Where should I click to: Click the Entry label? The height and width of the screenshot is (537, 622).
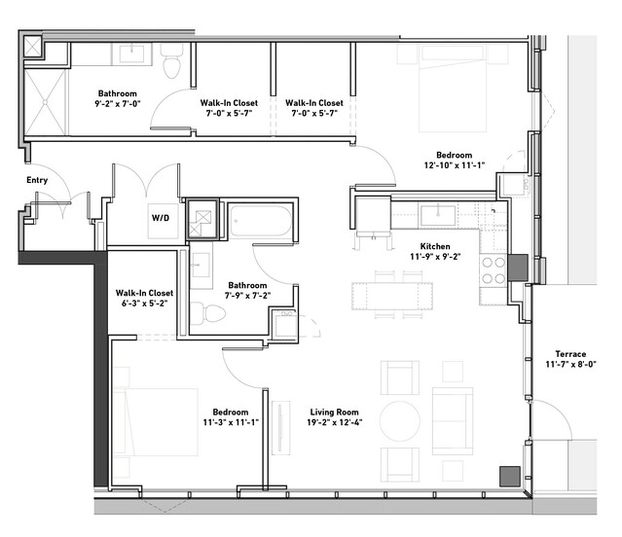pos(37,180)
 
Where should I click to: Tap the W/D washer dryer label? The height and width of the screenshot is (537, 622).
pos(161,218)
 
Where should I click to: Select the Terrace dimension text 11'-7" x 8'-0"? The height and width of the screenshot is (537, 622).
pos(570,364)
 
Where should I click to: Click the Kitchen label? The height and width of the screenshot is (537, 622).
pos(435,246)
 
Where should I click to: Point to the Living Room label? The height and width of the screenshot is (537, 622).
pos(334,412)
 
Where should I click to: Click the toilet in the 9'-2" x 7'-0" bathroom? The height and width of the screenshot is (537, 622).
pos(171,60)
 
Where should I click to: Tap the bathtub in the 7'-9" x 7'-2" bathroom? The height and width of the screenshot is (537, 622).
pos(260,221)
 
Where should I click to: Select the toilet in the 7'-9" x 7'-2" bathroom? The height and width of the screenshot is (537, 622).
pos(207,313)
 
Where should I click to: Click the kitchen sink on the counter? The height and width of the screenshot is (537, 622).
pos(438,216)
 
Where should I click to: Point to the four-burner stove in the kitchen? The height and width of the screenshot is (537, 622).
pos(494,270)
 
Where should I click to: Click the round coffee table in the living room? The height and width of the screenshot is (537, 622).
pos(399,421)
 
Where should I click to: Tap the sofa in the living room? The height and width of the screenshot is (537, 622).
pos(453,421)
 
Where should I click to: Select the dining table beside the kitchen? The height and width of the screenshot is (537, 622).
pos(392,296)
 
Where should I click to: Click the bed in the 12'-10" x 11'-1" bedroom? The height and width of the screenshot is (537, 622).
pos(453,89)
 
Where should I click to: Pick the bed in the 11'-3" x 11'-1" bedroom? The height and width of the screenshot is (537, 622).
pos(156,421)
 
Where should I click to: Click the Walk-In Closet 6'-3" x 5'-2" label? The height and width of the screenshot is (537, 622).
pos(144,298)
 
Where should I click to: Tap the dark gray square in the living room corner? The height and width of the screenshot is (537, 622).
pos(510,477)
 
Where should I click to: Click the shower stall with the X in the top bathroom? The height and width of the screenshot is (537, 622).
pos(45,102)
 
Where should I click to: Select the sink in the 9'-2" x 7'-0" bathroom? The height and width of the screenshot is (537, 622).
pos(131,54)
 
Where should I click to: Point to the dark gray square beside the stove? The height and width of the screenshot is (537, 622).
pos(518,268)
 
